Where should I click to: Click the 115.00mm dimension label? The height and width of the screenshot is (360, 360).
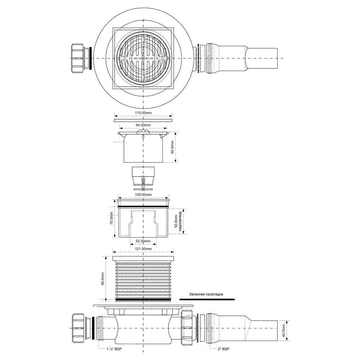pyautogui.click(x=143, y=113)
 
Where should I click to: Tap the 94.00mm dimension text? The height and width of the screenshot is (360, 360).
pyautogui.click(x=143, y=125)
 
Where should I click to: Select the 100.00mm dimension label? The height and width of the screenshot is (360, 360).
pyautogui.click(x=143, y=195)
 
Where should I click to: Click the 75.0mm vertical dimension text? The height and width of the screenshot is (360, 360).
pyautogui.click(x=111, y=219)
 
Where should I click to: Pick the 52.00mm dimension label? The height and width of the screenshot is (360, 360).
pyautogui.click(x=143, y=241)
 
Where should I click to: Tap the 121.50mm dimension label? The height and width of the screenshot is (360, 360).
pyautogui.click(x=143, y=249)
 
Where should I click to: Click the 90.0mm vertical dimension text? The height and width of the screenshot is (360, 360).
pyautogui.click(x=103, y=279)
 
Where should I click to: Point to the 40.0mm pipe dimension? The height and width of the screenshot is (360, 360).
pyautogui.click(x=284, y=330)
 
